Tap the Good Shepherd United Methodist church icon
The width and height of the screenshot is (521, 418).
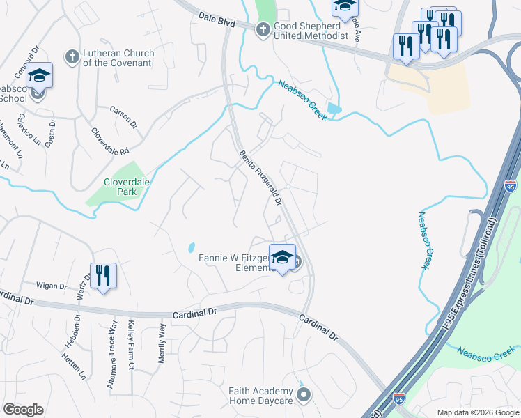click(263, 29)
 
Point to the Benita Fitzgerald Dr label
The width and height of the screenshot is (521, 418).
click(260, 178)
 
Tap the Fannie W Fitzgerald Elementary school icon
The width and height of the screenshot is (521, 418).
click(282, 258)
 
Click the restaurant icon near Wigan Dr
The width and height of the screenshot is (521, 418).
click(103, 275)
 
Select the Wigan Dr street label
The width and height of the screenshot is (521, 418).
click(52, 286)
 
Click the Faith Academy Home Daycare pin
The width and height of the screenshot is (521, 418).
click(303, 396)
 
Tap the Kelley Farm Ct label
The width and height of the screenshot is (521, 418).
click(131, 334)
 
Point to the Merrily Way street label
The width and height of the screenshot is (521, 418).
click(162, 339)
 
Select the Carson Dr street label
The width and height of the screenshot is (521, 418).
click(123, 116)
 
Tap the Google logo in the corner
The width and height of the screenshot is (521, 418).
click(23, 410)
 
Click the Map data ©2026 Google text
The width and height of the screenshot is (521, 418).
click(477, 412)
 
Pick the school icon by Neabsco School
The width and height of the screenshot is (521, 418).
click(40, 75)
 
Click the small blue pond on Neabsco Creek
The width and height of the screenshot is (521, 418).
click(335, 108)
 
